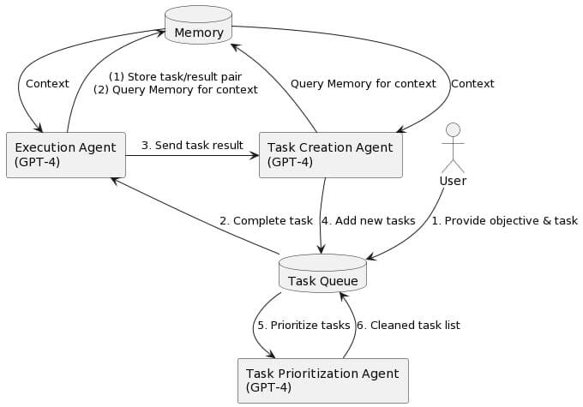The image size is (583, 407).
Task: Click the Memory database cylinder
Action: [x=198, y=26]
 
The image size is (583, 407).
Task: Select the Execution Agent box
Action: [x=65, y=155]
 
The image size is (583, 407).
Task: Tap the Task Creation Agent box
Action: [x=330, y=155]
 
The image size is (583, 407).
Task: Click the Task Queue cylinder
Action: [x=322, y=274]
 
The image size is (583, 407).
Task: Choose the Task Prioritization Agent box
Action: [x=322, y=380]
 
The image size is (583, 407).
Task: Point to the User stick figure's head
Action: [x=453, y=129]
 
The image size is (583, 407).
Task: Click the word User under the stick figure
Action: [x=453, y=181]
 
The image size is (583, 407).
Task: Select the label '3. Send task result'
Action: [x=192, y=145]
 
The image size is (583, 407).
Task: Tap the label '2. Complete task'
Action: [x=266, y=220]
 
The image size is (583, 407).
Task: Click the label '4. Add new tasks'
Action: [x=368, y=220]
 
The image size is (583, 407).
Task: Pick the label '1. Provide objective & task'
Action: [x=504, y=220]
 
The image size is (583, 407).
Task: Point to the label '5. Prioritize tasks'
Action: [x=304, y=325]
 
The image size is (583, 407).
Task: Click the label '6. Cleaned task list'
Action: [x=408, y=325]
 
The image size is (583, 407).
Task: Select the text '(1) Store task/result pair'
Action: [x=175, y=76]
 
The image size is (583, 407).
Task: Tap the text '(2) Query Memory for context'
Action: [x=175, y=89]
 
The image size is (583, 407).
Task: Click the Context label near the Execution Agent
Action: [x=47, y=83]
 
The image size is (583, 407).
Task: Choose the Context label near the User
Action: [x=472, y=83]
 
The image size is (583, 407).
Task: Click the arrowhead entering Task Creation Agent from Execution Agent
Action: [x=254, y=155]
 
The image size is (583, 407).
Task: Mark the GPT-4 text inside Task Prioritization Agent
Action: [x=268, y=387]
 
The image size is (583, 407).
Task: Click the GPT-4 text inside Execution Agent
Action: [x=37, y=162]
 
